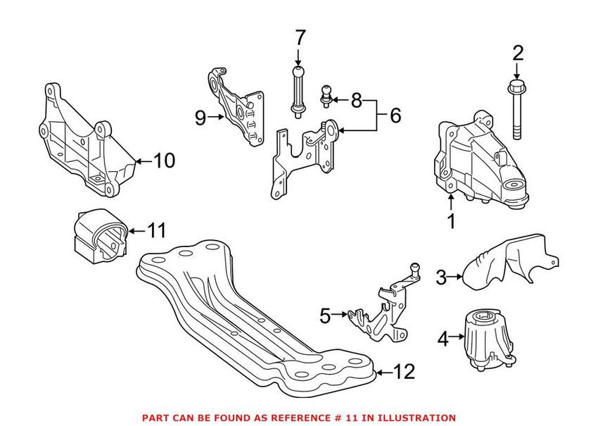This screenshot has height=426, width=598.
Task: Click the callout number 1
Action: [452, 222]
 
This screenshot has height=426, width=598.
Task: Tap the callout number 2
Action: [518, 52]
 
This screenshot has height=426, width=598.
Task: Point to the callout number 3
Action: [441, 277]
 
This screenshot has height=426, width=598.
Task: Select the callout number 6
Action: [395, 115]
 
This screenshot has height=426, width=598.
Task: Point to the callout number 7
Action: [300, 37]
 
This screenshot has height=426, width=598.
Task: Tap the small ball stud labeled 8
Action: [326, 94]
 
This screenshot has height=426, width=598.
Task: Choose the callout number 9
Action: [201, 118]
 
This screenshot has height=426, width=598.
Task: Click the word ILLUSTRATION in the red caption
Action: [416, 418]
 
